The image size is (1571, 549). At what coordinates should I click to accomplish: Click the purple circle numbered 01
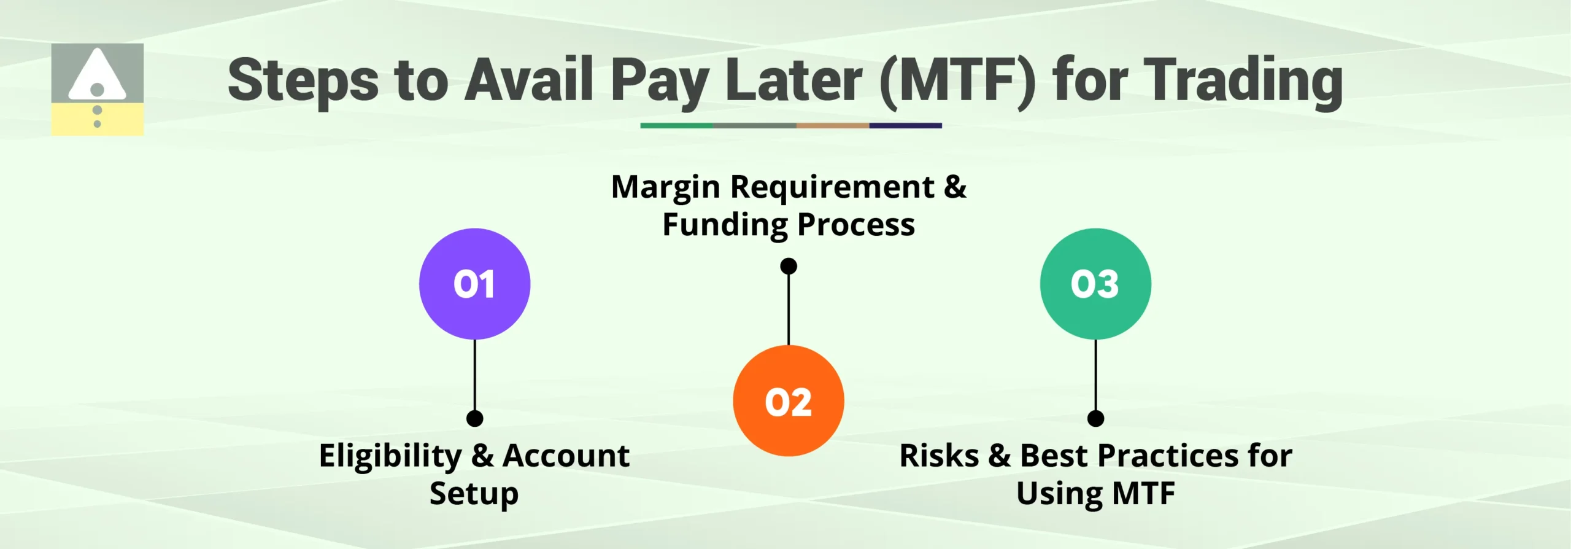coord(474,284)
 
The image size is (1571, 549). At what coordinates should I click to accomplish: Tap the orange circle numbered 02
coord(788,401)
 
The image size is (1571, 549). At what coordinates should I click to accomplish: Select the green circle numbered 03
coord(1095,284)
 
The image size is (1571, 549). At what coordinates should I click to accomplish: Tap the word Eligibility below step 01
coord(390,456)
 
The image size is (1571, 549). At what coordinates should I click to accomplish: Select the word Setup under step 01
coord(474,494)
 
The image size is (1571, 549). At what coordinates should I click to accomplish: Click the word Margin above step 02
coord(666,187)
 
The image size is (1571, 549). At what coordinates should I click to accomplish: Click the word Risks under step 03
coord(939,456)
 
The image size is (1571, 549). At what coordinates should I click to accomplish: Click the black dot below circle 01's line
coord(474,419)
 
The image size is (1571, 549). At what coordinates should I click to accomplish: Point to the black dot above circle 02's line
coord(789,266)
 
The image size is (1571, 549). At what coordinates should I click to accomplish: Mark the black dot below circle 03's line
coord(1095,419)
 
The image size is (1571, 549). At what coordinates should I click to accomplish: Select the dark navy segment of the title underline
coord(905,125)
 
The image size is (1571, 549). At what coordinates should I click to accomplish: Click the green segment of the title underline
coord(676,125)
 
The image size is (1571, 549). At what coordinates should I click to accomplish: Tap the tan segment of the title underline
coord(832,125)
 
